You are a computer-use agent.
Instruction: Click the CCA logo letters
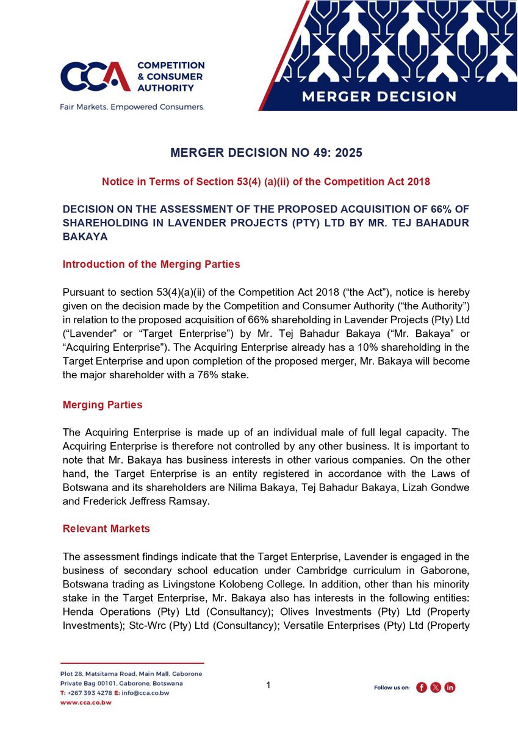pos(95,77)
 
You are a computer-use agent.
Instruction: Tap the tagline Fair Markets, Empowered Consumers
pos(132,107)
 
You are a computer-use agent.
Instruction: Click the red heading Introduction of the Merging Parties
pos(151,264)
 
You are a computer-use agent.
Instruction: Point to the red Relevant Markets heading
pos(106,529)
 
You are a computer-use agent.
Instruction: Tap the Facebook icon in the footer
pos(421,687)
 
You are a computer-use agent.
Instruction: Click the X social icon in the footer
pos(436,687)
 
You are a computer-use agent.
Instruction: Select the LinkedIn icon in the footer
pos(450,687)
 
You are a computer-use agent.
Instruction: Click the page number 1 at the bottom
pos(268,686)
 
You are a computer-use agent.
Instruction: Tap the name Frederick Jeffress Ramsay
pos(130,502)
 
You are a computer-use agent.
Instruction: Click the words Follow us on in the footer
pos(391,687)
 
